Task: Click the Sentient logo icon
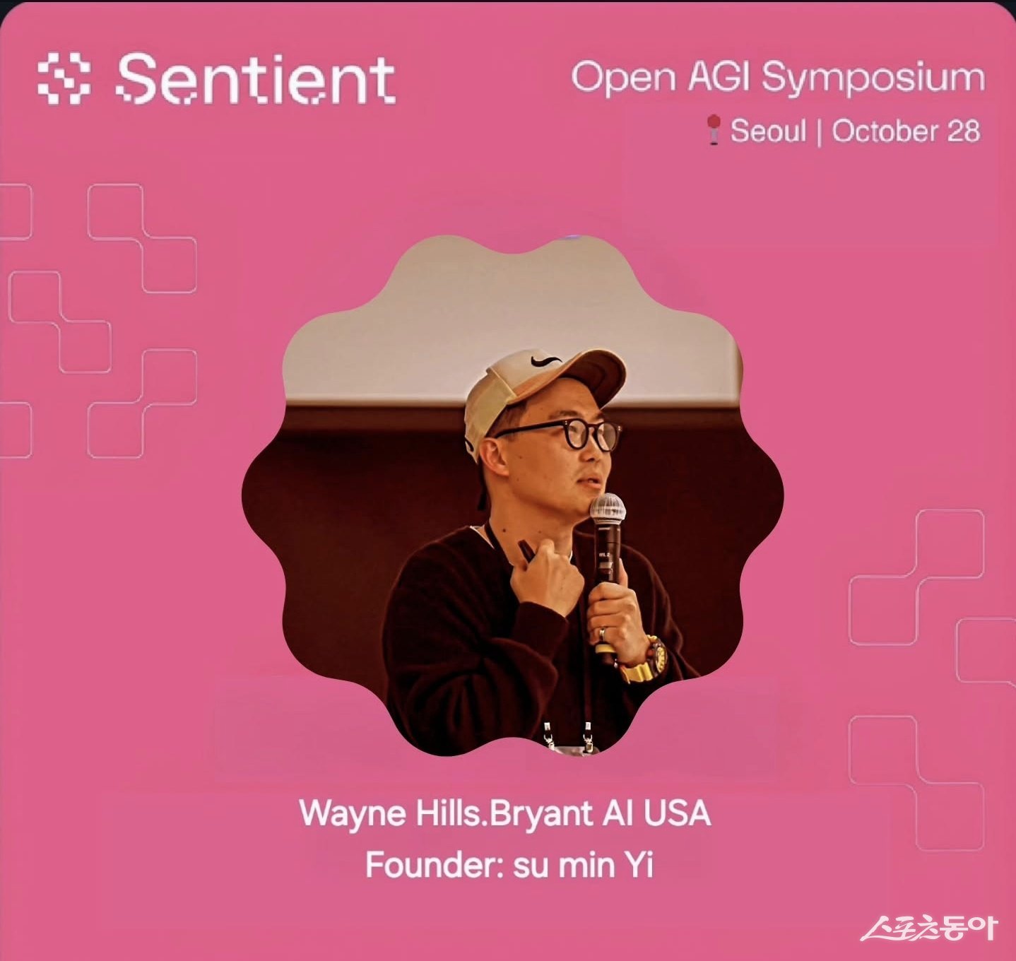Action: (x=64, y=78)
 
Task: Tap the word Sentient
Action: (x=256, y=78)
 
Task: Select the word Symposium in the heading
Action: (x=873, y=78)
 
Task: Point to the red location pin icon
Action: (x=714, y=130)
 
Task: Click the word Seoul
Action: (x=768, y=130)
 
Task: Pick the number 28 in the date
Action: (x=963, y=130)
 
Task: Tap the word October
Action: (x=884, y=130)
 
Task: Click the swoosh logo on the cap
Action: (x=545, y=360)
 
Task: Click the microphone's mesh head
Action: (x=608, y=507)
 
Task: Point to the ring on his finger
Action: (x=603, y=633)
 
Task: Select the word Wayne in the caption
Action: (x=353, y=814)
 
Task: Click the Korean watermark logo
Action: (x=930, y=928)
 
